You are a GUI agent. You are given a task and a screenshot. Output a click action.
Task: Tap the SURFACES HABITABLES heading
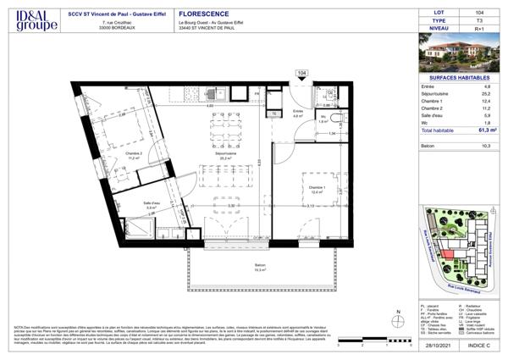(x=456, y=77)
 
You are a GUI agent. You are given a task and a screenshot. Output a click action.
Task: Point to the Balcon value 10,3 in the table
(x=486, y=147)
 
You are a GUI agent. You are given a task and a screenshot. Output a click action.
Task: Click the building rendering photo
(x=456, y=53)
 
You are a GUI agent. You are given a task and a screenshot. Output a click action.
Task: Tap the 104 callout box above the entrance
(x=302, y=75)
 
